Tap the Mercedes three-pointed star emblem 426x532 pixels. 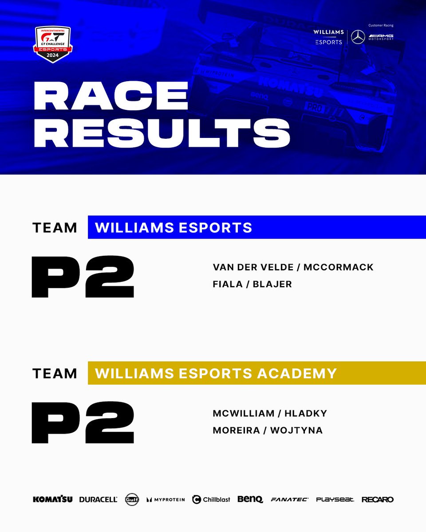[x=358, y=37]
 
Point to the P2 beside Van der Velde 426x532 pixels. [x=83, y=276]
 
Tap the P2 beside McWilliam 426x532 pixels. [x=83, y=422]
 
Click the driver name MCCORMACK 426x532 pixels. [x=339, y=267]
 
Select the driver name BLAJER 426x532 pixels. [x=272, y=285]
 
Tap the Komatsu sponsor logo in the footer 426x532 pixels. [x=53, y=499]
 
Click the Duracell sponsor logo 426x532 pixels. [x=98, y=499]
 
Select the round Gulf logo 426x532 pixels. [x=132, y=499]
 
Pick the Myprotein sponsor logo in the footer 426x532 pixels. [x=166, y=499]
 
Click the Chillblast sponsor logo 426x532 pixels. [x=211, y=499]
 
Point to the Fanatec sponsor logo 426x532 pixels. [x=289, y=499]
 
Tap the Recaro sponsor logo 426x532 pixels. [x=377, y=499]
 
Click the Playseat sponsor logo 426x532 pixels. [x=335, y=499]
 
